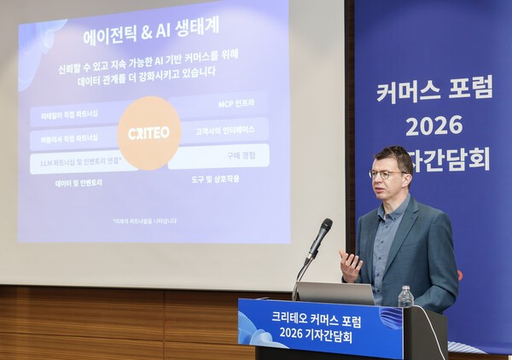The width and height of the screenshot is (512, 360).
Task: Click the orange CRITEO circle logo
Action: click(149, 132)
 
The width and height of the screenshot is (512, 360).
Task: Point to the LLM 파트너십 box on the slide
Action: click(77, 160)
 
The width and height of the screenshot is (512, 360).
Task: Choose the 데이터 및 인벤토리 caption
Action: click(79, 182)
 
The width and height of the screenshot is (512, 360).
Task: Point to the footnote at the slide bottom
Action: click(144, 221)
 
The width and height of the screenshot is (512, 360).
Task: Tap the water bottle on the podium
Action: click(405, 298)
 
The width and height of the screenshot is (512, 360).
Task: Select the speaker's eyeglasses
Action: click(389, 174)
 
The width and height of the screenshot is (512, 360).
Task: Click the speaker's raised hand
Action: click(350, 265)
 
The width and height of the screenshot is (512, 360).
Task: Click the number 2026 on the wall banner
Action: click(433, 125)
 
